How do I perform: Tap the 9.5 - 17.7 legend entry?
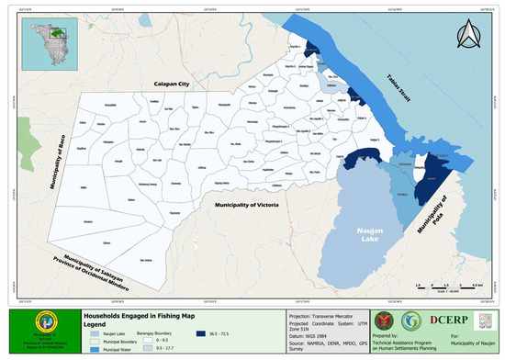pyautogui.click(x=179, y=347)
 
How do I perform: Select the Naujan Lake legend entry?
pyautogui.click(x=111, y=333)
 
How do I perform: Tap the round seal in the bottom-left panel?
pyautogui.click(x=39, y=329)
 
